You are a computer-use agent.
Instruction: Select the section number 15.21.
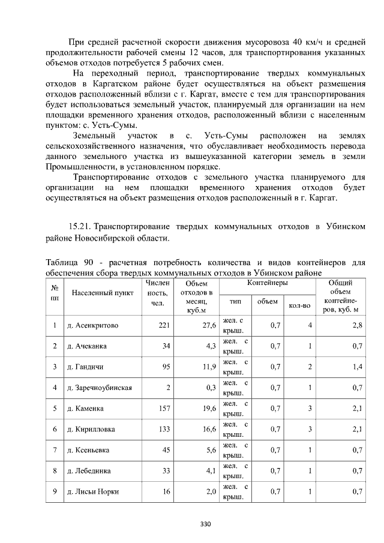coord(80,227)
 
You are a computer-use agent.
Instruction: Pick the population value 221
coord(164,325)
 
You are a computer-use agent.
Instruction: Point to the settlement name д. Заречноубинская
coord(99,387)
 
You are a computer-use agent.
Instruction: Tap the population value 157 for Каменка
coord(164,408)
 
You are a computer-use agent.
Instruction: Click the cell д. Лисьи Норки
coord(93,491)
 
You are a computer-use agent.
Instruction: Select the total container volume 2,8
coord(357,325)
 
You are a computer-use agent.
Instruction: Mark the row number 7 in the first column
coord(55,450)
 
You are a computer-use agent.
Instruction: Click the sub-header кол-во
coord(299,305)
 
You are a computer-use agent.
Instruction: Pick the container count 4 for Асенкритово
coord(310,325)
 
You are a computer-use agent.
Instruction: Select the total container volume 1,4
coord(357,367)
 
